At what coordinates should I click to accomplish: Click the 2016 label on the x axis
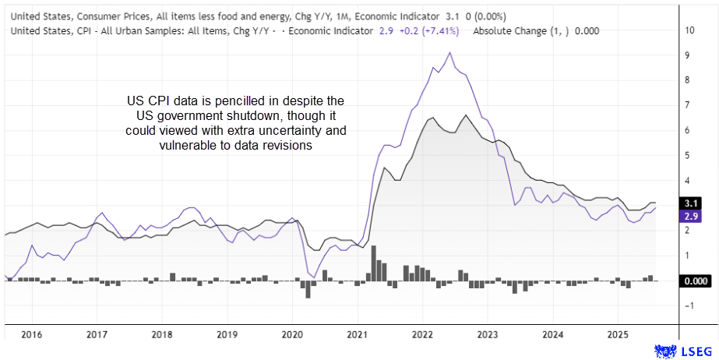click(x=31, y=335)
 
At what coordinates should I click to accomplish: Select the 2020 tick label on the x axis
click(x=292, y=335)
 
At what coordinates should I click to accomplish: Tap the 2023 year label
click(x=488, y=335)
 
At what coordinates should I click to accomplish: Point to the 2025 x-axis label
click(x=618, y=335)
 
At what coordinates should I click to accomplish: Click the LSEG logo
click(x=683, y=351)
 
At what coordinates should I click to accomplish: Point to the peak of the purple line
click(x=449, y=53)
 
